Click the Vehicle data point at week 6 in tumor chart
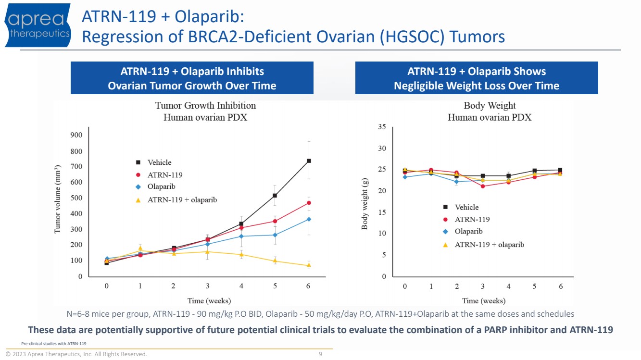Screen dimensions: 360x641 click(x=309, y=161)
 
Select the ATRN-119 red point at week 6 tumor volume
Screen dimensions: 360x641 click(x=309, y=203)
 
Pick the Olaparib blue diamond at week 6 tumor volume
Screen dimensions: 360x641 click(x=309, y=219)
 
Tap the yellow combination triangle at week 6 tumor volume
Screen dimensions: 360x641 click(x=309, y=265)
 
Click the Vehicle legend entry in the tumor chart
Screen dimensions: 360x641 click(x=159, y=162)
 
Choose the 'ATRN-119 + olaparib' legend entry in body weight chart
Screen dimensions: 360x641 click(x=489, y=245)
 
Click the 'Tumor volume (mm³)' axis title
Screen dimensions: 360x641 click(x=58, y=200)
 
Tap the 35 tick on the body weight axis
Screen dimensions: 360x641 click(x=382, y=127)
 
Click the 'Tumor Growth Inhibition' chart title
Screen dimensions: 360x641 click(x=205, y=105)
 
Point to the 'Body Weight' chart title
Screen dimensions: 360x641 click(x=490, y=105)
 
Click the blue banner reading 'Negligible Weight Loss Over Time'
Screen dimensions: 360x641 click(x=477, y=86)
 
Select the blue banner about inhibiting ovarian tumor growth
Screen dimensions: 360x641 click(x=192, y=78)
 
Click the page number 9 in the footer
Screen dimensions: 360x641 click(x=320, y=354)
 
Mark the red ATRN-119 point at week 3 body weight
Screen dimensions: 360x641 click(x=483, y=186)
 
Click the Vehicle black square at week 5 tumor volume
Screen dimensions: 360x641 click(x=275, y=196)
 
